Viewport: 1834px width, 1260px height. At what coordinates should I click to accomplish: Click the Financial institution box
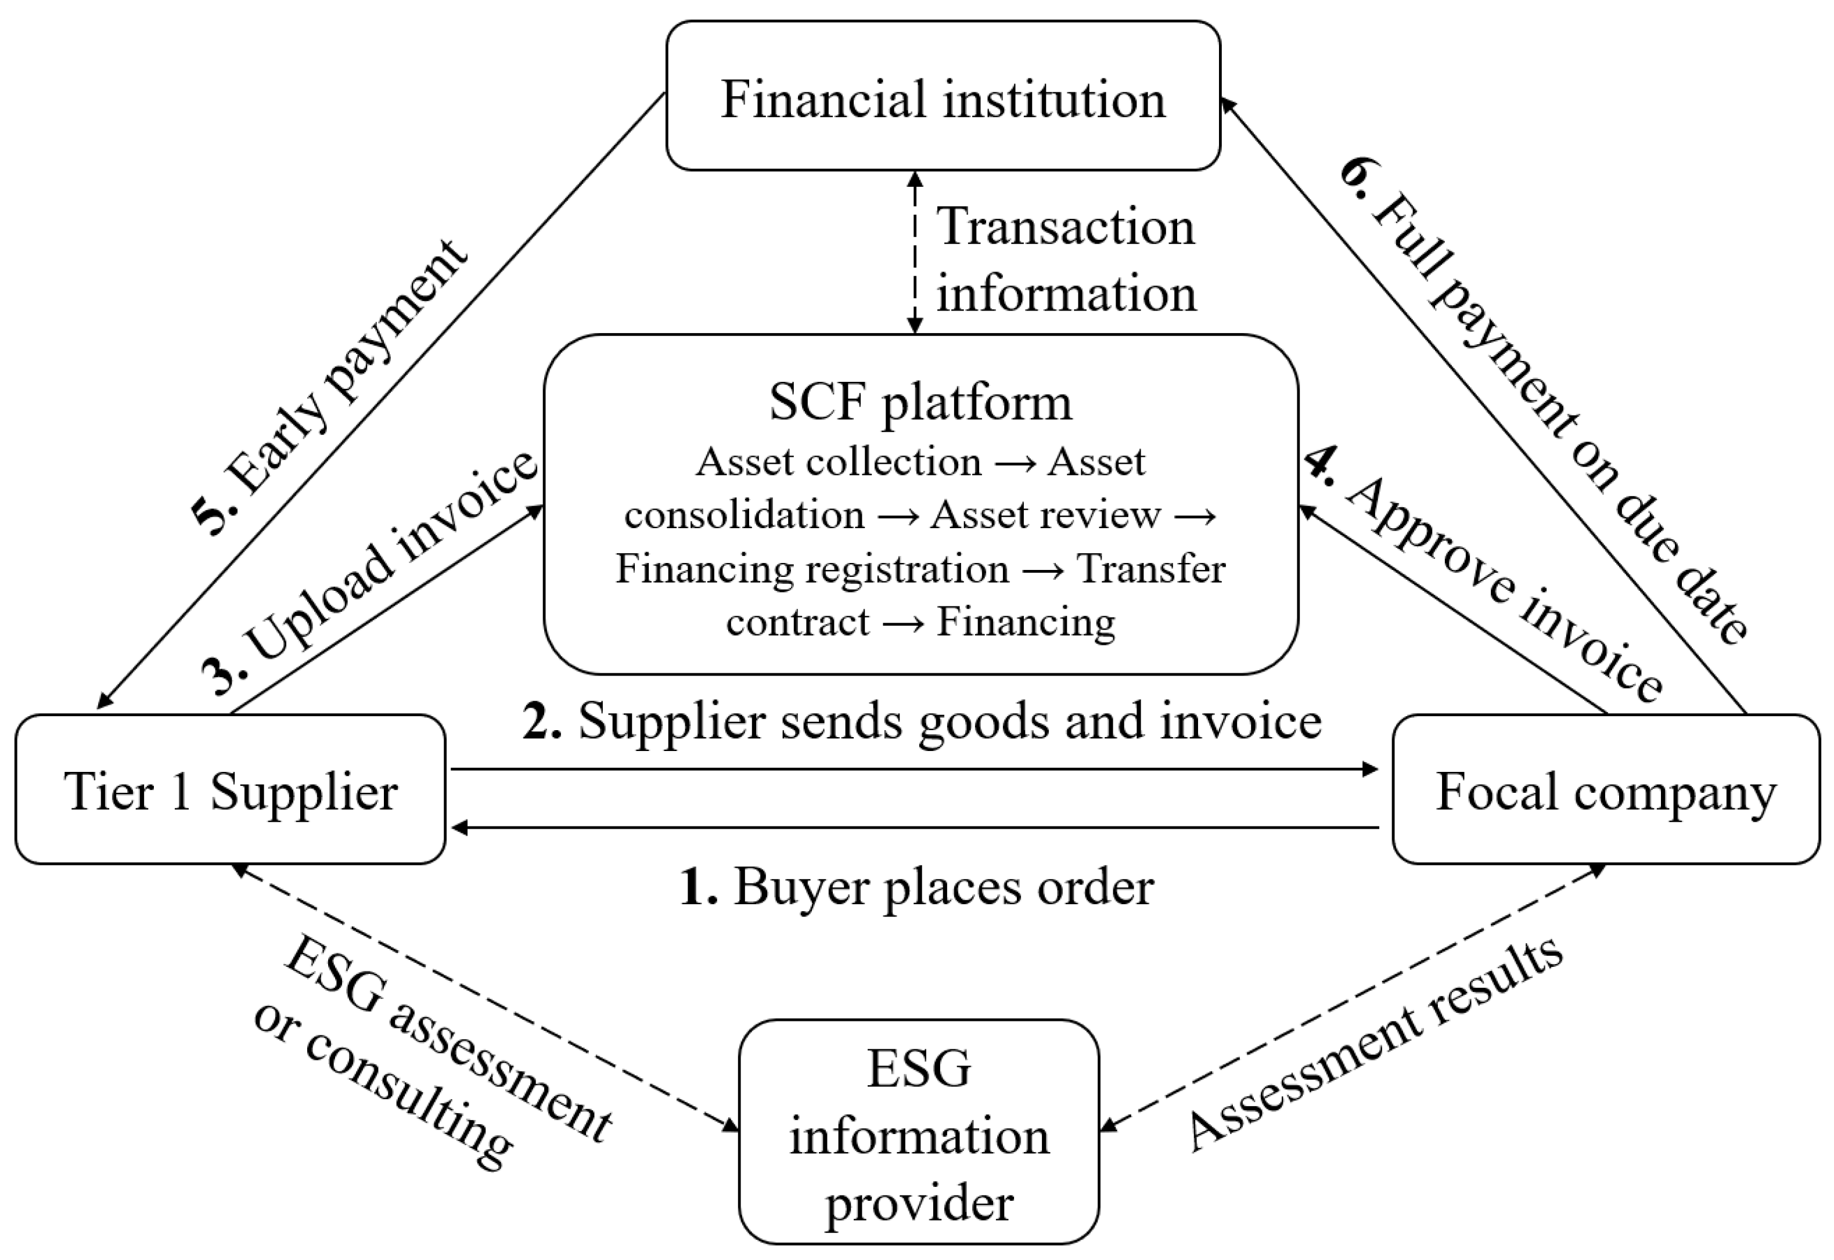pyautogui.click(x=943, y=96)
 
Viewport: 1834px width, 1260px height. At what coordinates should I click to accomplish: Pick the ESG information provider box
pyautogui.click(x=919, y=1138)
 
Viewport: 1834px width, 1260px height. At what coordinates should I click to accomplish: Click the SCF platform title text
pyautogui.click(x=920, y=403)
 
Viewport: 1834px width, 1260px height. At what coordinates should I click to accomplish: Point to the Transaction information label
pyautogui.click(x=1066, y=261)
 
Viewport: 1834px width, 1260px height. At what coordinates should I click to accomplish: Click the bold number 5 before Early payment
pyautogui.click(x=215, y=517)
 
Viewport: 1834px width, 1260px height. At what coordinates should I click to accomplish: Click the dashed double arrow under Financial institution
pyautogui.click(x=915, y=252)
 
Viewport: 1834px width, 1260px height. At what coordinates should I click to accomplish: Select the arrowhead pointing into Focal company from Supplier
pyautogui.click(x=1371, y=768)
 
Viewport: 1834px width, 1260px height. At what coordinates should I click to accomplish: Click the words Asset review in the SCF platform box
pyautogui.click(x=1045, y=515)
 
